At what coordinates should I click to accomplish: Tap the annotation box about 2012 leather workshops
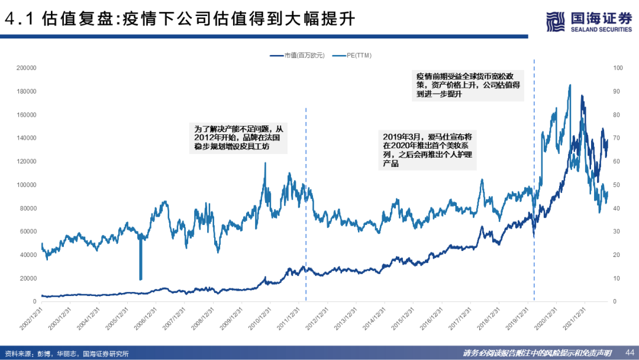pos(240,137)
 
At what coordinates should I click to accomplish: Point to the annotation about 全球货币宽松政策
pos(467,85)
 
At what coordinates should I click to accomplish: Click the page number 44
pos(629,351)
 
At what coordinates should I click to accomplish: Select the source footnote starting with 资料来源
pos(66,353)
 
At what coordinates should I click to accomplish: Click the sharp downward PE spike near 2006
pos(140,261)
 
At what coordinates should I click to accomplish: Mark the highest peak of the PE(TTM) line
pos(570,85)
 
